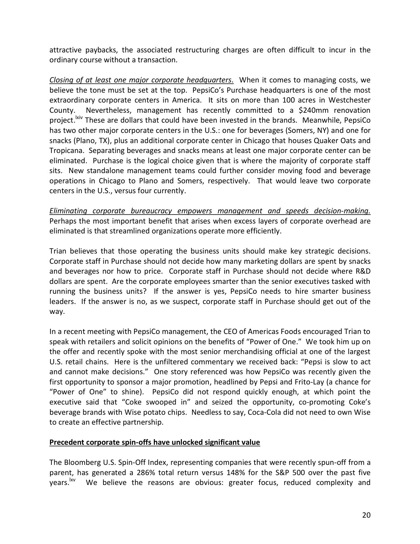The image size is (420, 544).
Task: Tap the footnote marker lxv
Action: [73, 480]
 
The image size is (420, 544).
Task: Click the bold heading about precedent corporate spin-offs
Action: [154, 442]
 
